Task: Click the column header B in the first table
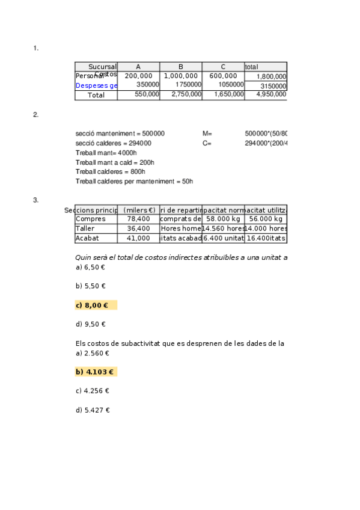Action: tap(180, 67)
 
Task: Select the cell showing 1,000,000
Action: tap(180, 76)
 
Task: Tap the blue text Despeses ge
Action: tap(96, 85)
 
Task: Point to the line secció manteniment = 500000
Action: tap(120, 134)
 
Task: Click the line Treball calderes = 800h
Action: tap(111, 171)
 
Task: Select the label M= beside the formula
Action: tap(207, 134)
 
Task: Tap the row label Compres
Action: tap(91, 219)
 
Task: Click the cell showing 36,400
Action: tap(139, 229)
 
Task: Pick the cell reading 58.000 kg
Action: tap(223, 219)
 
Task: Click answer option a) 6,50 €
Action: tap(90, 267)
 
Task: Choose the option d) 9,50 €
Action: tap(91, 324)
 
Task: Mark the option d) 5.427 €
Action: tap(93, 410)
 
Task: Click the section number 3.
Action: tap(36, 200)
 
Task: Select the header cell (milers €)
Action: tap(139, 210)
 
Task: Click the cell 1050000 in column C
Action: tap(231, 85)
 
